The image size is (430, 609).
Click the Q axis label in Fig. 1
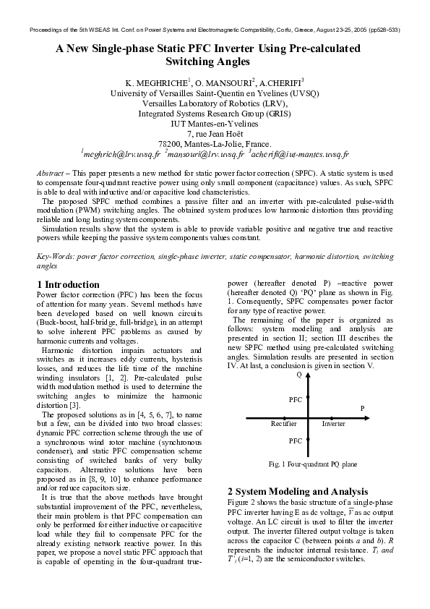298,375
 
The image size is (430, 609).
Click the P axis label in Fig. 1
362,409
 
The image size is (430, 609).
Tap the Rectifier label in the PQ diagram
283,423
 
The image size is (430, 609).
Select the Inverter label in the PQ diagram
333,423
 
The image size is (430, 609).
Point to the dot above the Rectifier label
284,417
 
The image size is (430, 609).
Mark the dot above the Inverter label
332,417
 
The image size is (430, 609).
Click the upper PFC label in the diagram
295,399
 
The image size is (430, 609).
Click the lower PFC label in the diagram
295,440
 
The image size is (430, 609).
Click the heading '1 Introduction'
68,284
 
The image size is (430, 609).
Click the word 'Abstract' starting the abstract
48,175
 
